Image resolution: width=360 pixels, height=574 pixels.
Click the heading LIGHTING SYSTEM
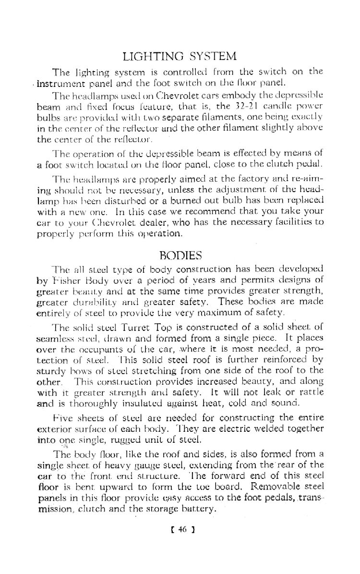[x=180, y=57]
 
